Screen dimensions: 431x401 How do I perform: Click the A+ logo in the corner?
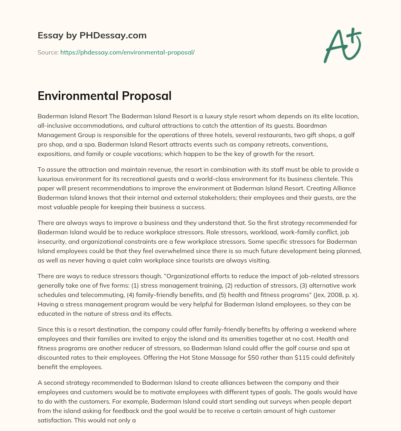point(342,46)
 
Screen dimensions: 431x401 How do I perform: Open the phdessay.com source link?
point(127,52)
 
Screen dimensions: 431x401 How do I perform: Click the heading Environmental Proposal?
point(105,96)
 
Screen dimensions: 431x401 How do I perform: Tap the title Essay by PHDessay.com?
point(92,35)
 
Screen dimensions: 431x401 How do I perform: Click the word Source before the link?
point(48,52)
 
